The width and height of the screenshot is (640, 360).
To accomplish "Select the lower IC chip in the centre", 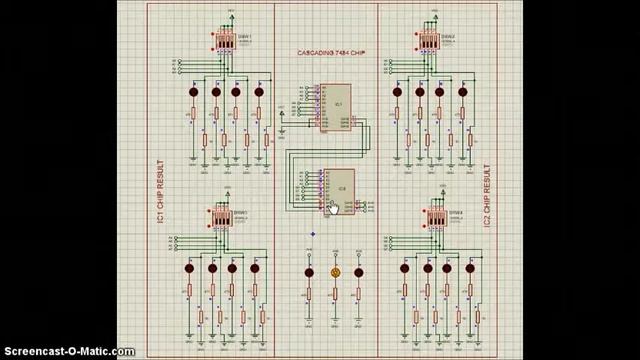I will [x=338, y=191].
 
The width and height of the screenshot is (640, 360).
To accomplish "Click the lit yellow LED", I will [x=335, y=271].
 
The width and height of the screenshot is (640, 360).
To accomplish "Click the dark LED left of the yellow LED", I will [x=310, y=271].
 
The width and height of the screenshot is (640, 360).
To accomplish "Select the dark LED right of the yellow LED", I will [x=359, y=271].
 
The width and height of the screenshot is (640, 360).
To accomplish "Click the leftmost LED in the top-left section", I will [x=194, y=93].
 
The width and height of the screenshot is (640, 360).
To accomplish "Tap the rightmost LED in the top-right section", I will [x=463, y=93].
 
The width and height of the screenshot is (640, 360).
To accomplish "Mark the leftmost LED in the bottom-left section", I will [x=189, y=268].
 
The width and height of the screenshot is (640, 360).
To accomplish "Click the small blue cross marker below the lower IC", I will [x=311, y=235].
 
